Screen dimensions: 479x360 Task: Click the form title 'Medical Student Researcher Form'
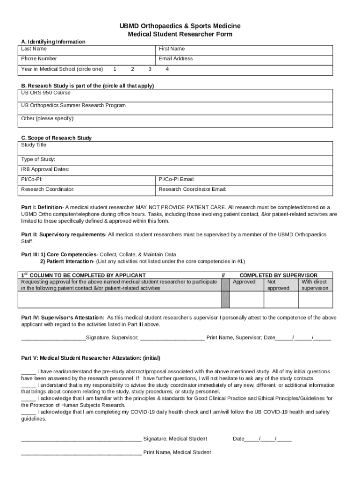[x=180, y=34]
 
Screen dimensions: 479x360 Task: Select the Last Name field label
[x=34, y=49]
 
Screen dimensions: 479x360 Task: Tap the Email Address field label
[x=175, y=58]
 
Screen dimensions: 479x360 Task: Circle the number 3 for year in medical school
[x=150, y=69]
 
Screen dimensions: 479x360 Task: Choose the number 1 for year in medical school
[x=115, y=69]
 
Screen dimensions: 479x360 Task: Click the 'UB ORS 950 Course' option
[x=46, y=93]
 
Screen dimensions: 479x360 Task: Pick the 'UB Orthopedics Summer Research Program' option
[x=73, y=105]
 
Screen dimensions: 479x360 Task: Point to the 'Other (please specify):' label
[x=48, y=118]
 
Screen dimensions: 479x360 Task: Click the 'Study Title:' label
[x=34, y=145]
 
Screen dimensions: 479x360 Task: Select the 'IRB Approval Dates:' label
[x=45, y=169]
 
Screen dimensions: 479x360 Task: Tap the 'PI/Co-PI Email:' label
[x=176, y=179]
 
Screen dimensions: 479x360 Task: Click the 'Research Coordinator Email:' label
[x=192, y=189]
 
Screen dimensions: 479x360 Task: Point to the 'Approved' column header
[x=244, y=282]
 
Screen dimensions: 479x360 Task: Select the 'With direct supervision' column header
[x=315, y=285]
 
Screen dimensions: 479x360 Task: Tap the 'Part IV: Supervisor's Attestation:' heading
[x=63, y=318]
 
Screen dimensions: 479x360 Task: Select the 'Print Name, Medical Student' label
[x=177, y=452]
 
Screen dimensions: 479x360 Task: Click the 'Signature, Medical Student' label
[x=175, y=439]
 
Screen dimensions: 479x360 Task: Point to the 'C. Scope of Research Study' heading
[x=57, y=138]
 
